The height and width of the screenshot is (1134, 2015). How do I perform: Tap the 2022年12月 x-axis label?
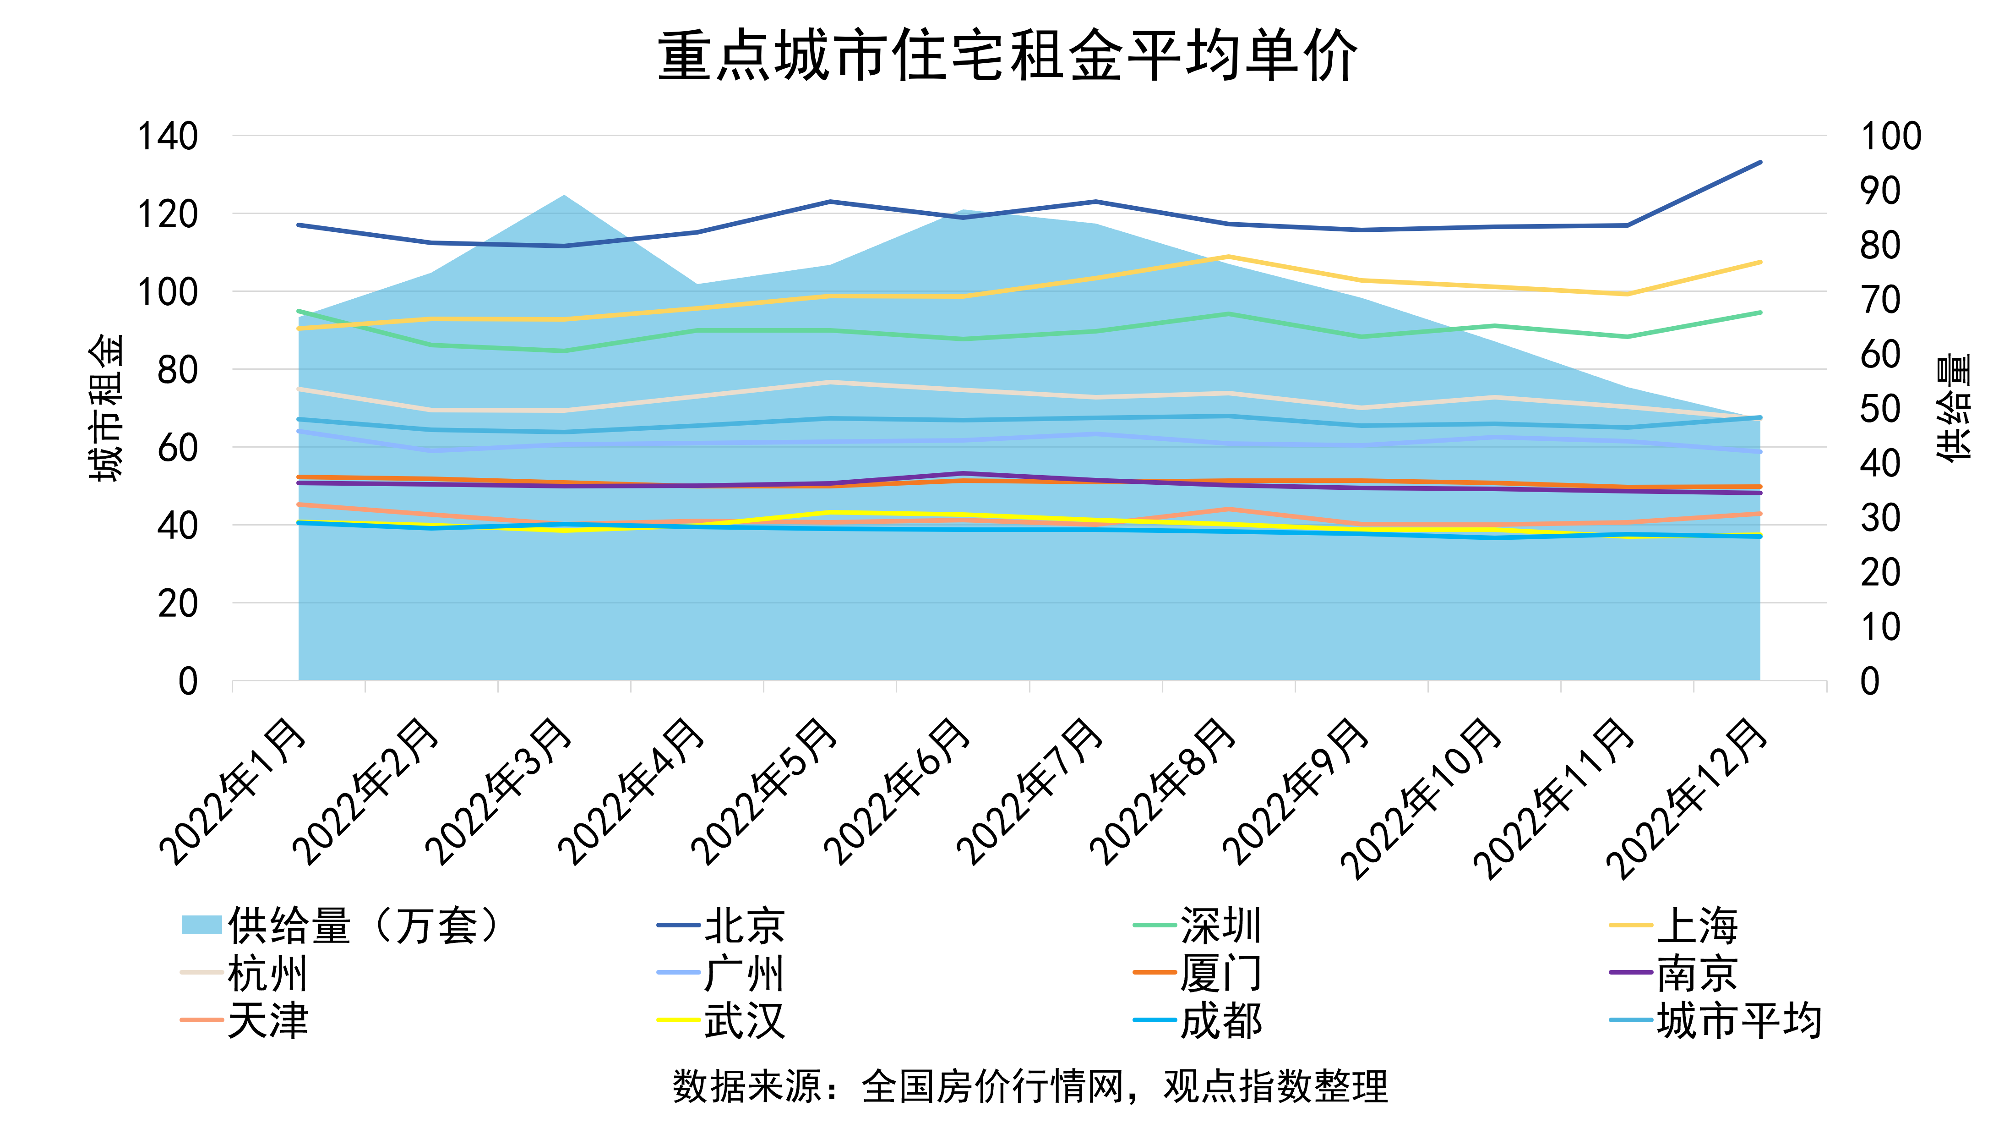point(1686,798)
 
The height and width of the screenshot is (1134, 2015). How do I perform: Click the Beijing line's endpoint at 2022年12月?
point(1760,162)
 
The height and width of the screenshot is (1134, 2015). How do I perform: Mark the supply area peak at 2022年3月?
point(564,196)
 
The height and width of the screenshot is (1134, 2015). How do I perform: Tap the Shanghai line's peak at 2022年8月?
point(1229,257)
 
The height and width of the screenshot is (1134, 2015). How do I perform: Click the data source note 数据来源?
point(1029,1086)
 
